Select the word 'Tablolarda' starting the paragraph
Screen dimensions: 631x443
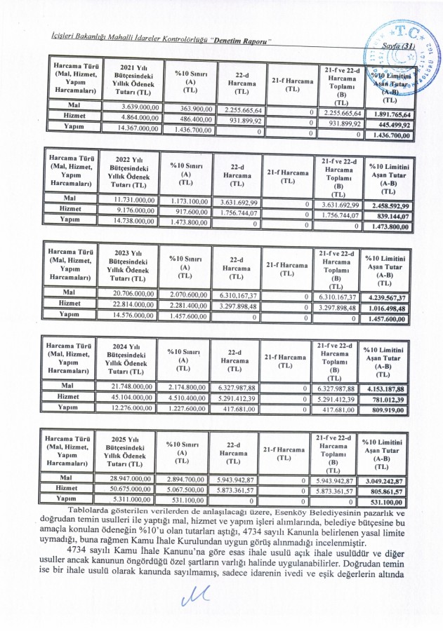(88, 510)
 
